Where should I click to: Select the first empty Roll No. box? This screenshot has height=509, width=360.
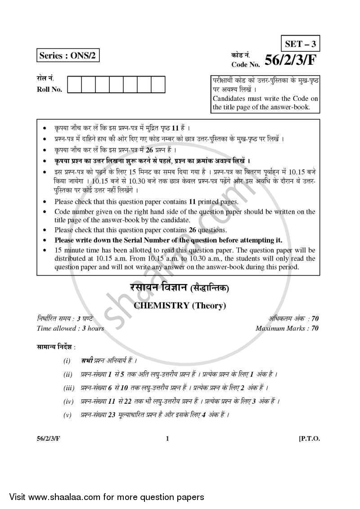[x=74, y=84]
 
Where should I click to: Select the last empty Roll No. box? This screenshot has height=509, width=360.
[x=158, y=84]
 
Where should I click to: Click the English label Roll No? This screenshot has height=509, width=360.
[x=49, y=89]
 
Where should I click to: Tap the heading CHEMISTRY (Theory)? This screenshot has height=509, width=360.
[x=180, y=306]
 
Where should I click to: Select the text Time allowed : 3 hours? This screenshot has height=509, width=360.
[x=70, y=328]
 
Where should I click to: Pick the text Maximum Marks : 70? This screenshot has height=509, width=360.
[x=287, y=328]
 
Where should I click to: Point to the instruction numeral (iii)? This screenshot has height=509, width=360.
[x=68, y=387]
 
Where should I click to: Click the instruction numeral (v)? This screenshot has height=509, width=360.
[x=68, y=414]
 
